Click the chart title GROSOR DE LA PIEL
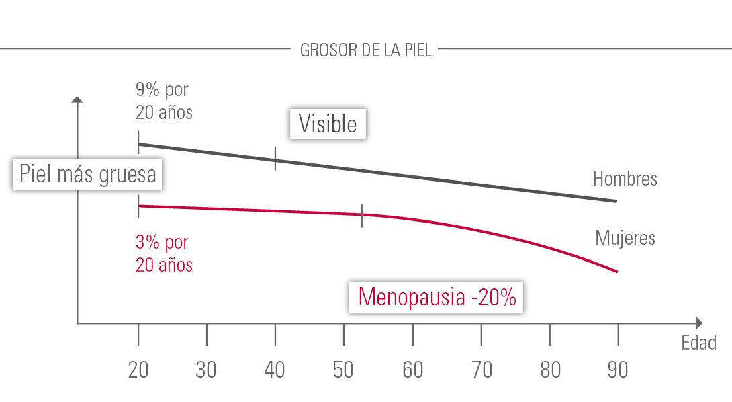coord(365,50)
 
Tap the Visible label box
coord(328,124)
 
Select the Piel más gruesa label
coord(88,174)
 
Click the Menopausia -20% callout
coord(437,296)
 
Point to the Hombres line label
coord(625,179)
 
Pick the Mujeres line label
coord(625,237)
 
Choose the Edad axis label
coord(699,343)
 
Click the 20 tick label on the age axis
coord(138,370)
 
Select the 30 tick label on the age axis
coord(207,370)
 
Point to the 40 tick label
coord(275,370)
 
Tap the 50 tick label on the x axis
coord(344,370)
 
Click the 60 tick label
coord(412,370)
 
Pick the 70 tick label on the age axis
coord(481,370)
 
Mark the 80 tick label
coord(549,370)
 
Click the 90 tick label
coord(618,370)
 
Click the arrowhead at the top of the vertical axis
coord(77,101)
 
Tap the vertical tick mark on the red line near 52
coord(362,216)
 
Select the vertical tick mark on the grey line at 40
coord(275,160)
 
